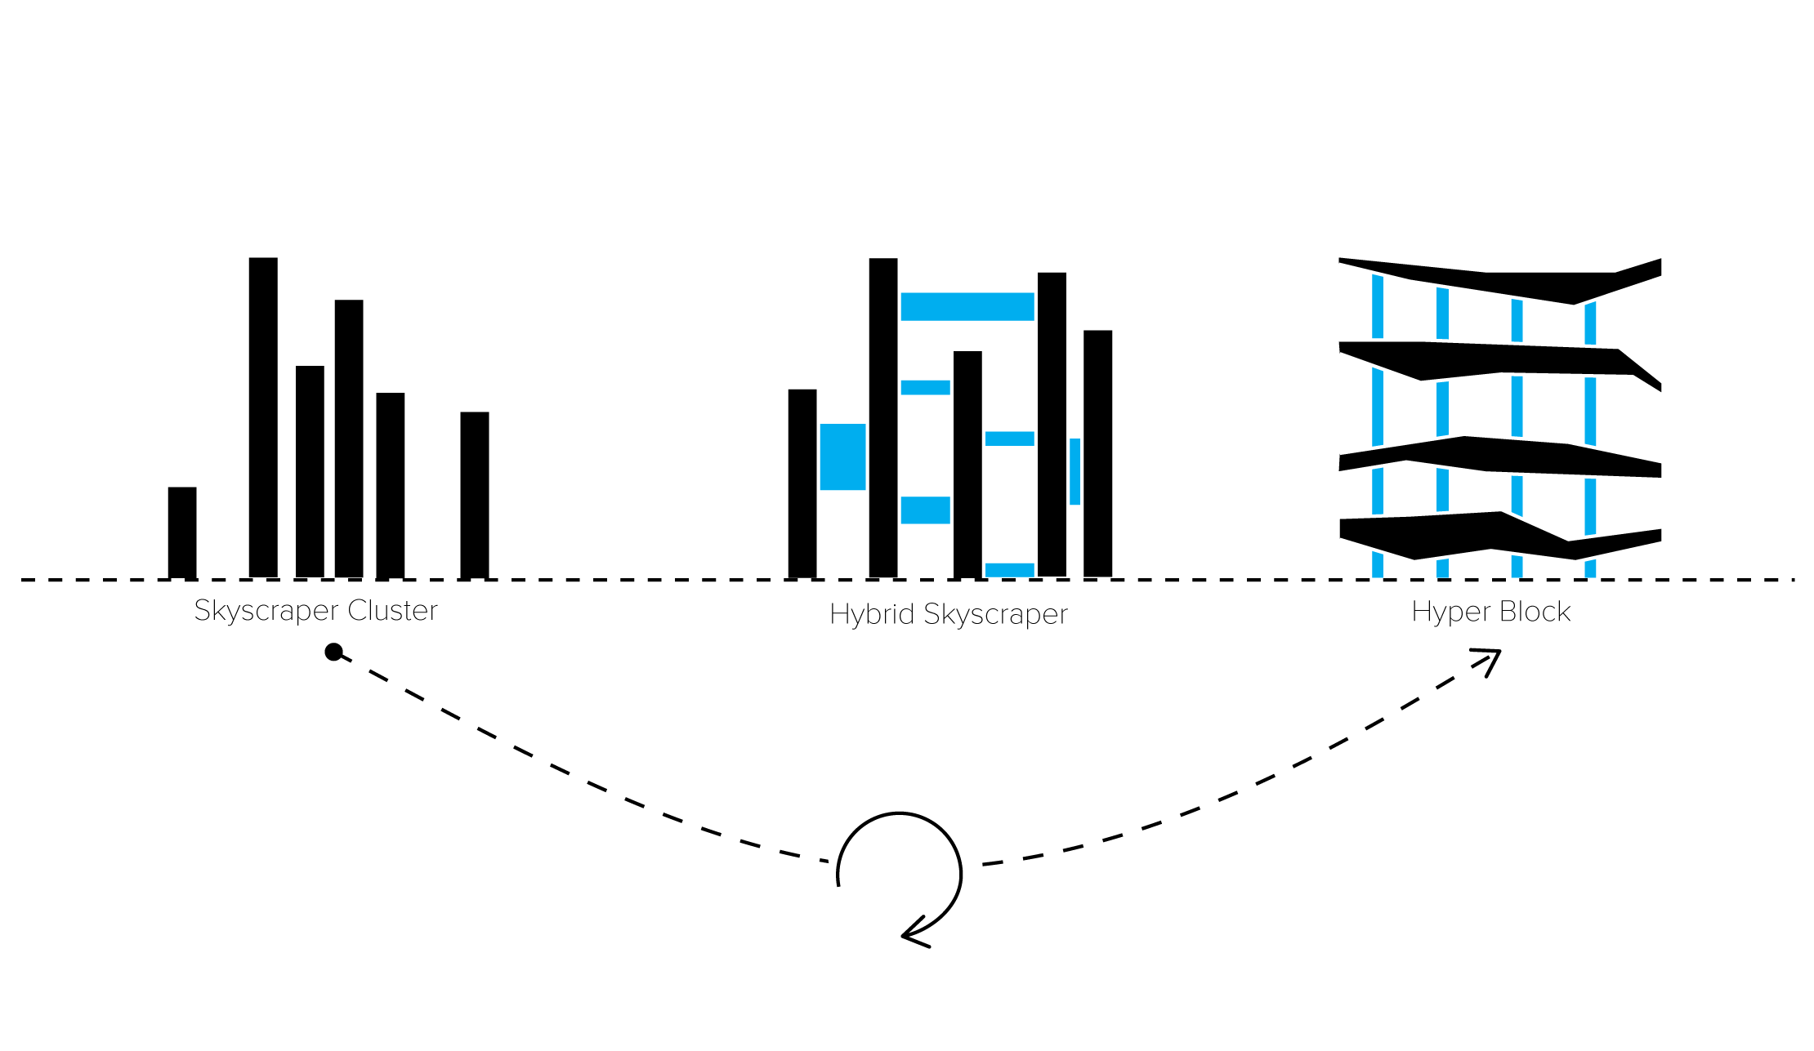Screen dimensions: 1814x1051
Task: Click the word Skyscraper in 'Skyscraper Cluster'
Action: click(x=267, y=611)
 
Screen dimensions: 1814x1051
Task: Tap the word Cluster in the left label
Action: click(x=393, y=610)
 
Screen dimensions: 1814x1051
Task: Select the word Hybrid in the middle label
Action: click(x=872, y=613)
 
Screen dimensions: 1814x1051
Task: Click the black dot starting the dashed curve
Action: click(x=333, y=652)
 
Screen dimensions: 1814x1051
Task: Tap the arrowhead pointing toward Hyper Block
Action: click(x=1490, y=660)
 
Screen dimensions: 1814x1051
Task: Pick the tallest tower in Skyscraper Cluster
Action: click(x=263, y=417)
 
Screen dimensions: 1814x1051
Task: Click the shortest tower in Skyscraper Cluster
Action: click(x=182, y=532)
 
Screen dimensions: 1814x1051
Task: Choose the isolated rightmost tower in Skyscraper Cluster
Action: click(x=475, y=495)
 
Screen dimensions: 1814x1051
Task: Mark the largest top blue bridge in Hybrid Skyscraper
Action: click(x=967, y=306)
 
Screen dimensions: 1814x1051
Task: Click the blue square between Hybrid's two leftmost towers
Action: click(x=842, y=456)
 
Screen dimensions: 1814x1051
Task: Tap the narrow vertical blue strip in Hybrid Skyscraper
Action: click(x=1075, y=471)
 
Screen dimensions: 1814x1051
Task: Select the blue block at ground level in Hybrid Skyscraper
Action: click(x=1010, y=570)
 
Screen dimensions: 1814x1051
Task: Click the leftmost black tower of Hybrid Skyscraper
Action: click(x=802, y=483)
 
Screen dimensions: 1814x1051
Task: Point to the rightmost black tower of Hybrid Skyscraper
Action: click(x=1098, y=454)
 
